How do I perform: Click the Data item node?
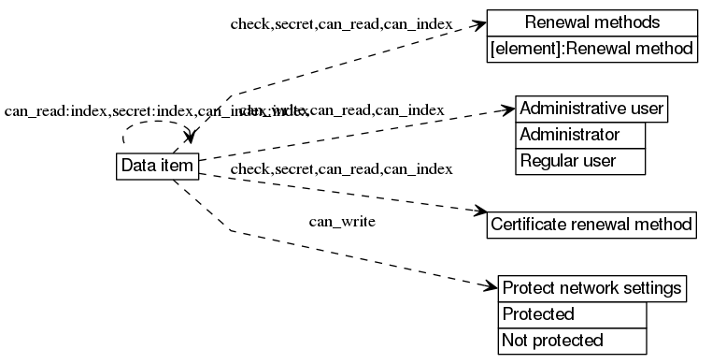(x=156, y=166)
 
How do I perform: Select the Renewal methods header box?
(x=592, y=22)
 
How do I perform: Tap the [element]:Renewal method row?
(x=592, y=49)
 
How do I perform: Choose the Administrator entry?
(x=579, y=135)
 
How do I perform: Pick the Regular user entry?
(x=579, y=161)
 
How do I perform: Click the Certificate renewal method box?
(x=591, y=225)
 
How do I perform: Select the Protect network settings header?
(x=593, y=287)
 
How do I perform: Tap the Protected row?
(x=572, y=314)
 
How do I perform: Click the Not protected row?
(x=572, y=341)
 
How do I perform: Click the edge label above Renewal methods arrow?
(x=342, y=23)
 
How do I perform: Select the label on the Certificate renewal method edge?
(x=341, y=169)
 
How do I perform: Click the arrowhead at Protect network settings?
(x=493, y=284)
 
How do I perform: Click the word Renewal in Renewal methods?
(x=552, y=22)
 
